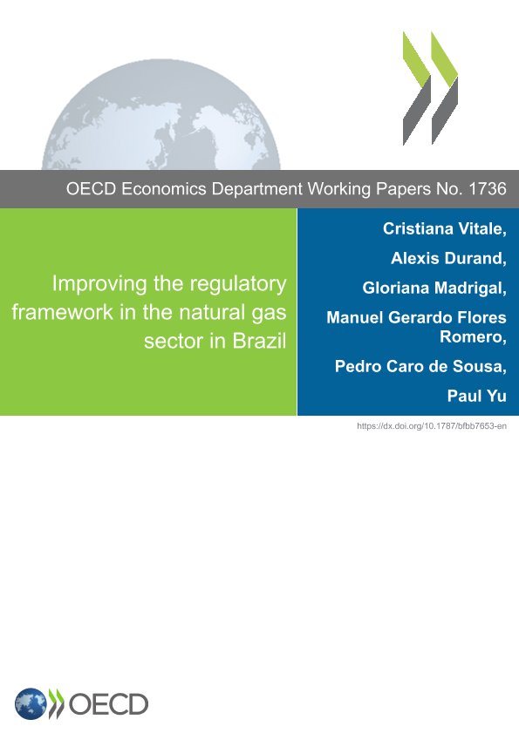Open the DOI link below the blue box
pos(432,426)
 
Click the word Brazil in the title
pos(259,341)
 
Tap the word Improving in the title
pos(99,284)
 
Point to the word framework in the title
pos(63,312)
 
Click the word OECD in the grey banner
pos(91,189)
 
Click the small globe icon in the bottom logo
pos(31,703)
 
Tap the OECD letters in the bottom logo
pos(108,704)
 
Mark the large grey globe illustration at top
pos(161,114)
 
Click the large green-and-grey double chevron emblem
pos(430,88)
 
